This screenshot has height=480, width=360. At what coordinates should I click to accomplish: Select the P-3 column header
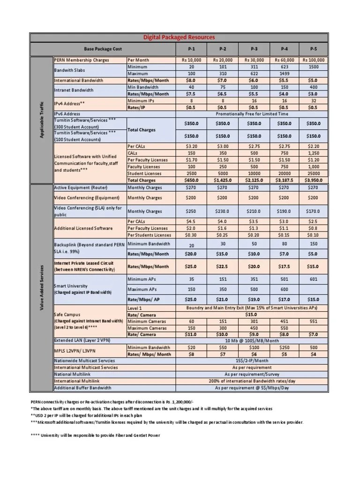coord(253,49)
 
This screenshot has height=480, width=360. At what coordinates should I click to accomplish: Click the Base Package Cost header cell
coord(102,49)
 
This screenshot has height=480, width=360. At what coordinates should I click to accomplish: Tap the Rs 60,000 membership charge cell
coord(284,60)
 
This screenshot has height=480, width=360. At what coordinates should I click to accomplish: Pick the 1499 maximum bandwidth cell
coord(284,74)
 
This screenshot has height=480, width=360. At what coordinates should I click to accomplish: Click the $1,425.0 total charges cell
coord(222,180)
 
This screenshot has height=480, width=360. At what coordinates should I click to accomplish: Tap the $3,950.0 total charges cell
coord(314,180)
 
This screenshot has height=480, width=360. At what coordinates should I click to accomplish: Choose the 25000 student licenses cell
coord(314,173)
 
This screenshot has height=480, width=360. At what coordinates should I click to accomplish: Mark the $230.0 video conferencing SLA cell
coord(222,211)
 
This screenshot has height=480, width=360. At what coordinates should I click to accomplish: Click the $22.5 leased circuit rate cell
coord(222,266)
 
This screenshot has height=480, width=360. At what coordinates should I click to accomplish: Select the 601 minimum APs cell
coord(314,279)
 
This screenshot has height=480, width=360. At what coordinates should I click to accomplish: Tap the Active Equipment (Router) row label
coord(80,187)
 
